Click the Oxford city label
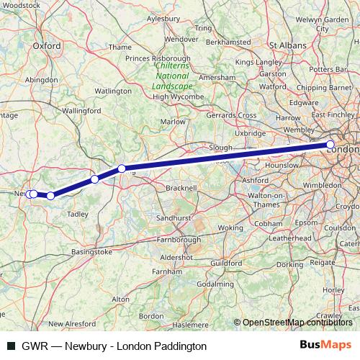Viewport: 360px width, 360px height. click(x=45, y=45)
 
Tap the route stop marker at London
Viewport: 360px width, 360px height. click(x=330, y=145)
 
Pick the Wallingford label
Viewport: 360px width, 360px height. click(x=81, y=112)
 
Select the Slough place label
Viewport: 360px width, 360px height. click(x=220, y=147)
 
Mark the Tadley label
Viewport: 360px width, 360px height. click(x=76, y=214)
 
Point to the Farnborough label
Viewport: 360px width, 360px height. click(x=177, y=239)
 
